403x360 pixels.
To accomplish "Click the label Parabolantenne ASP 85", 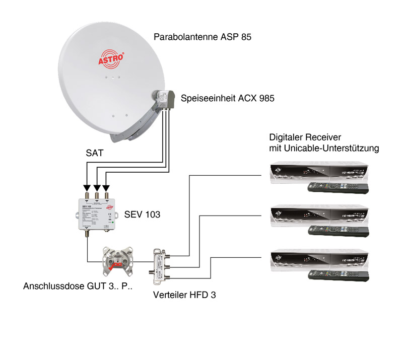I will click(x=203, y=37).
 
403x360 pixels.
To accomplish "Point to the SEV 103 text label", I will click(x=142, y=214).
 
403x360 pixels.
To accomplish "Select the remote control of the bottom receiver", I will click(x=338, y=274).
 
